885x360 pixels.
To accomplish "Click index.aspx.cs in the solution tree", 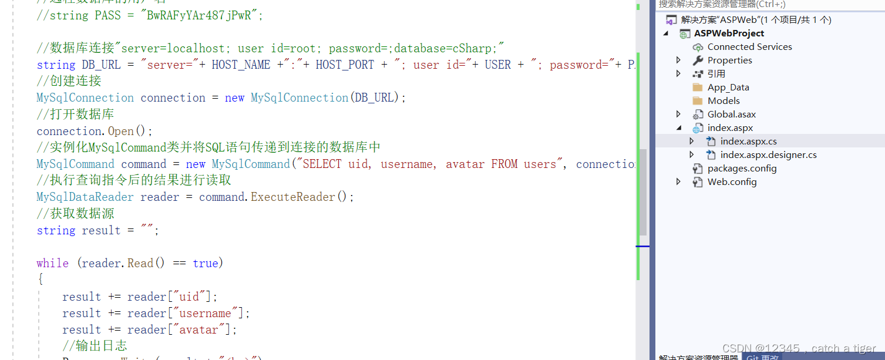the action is coord(748,142).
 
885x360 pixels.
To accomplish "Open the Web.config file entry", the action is coord(732,182).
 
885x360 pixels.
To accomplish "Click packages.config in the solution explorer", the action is coord(742,169).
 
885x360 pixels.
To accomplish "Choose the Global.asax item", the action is coord(731,115).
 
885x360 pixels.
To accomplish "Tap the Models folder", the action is coord(723,101).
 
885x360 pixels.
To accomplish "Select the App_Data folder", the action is coord(728,88).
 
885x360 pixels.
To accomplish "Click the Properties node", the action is coord(729,60).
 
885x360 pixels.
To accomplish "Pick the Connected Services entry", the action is coord(749,47).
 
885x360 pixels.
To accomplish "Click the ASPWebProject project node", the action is coord(729,33).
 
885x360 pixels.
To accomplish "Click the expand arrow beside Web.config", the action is coord(679,182).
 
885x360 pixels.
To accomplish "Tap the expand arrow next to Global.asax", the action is coord(679,115).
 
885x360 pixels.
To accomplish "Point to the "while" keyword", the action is coord(52,263).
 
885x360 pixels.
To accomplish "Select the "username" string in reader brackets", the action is coord(205,313).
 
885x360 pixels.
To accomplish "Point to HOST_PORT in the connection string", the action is coord(345,65).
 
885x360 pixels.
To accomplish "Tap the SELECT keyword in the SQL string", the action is coord(322,164).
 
